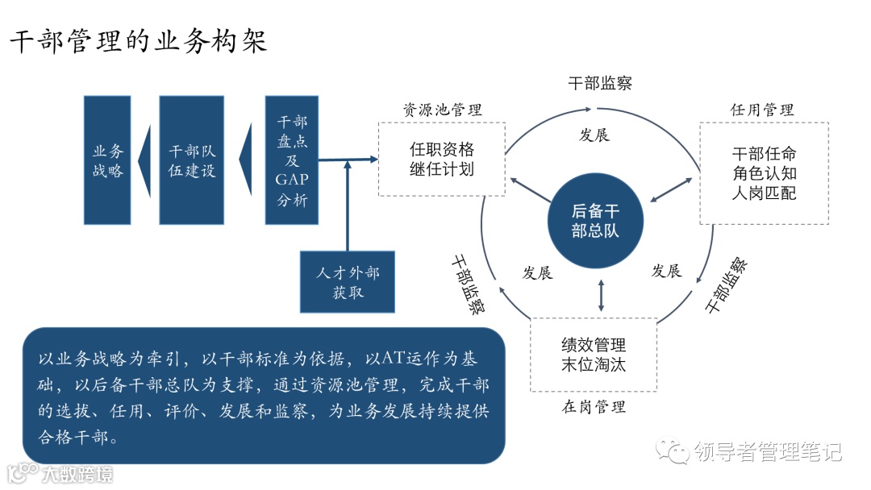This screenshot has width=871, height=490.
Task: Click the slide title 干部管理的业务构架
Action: pos(138,41)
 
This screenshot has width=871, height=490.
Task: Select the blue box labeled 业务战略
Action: pos(107,160)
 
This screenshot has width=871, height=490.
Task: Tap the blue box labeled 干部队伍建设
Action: pos(192,160)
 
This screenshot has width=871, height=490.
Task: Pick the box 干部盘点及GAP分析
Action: pos(291,160)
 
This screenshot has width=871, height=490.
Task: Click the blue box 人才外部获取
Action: pos(348,282)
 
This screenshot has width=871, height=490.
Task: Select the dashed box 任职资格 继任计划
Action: pos(442,159)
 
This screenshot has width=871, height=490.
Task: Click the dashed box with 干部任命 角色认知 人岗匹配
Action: pos(764,173)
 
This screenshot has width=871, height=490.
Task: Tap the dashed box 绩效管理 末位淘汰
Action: pos(594,355)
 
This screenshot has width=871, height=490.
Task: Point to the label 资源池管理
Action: pos(443,110)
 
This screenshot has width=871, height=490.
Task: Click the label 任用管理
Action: pos(762,110)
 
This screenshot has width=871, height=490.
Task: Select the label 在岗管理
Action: pos(594,406)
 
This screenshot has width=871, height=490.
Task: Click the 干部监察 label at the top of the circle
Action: pos(600,83)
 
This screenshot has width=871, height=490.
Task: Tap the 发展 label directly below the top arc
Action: pos(594,135)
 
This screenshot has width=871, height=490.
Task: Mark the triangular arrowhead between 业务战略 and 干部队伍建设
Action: pos(144,160)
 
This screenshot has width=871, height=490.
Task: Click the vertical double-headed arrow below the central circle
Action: pos(601,295)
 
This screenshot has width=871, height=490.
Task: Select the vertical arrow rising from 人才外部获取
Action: pos(347,206)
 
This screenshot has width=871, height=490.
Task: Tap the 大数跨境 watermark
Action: pos(77,473)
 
